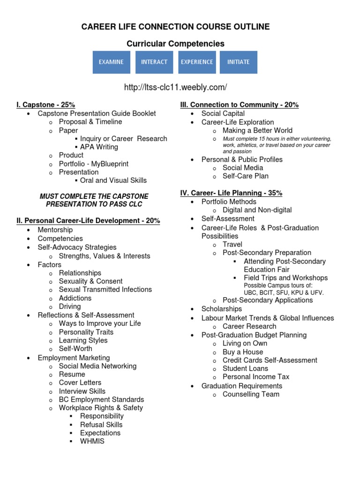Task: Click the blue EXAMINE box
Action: pos(111,62)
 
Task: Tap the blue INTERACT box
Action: pos(154,62)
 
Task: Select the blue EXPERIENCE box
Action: pos(196,62)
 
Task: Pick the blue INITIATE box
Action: pos(239,62)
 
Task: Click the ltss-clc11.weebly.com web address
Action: pos(175,87)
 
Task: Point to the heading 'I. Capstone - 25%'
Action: pos(45,105)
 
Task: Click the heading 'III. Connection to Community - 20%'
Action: pos(239,105)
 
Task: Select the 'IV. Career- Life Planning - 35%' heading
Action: pos(231,193)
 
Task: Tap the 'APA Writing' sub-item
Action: pos(99,147)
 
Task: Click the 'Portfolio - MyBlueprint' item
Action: pos(93,164)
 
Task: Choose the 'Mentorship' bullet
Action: pos(55,230)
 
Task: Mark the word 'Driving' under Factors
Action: pos(70,307)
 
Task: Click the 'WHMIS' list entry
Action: pos(92,441)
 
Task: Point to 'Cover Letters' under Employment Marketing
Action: pos(80,382)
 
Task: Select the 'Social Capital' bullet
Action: pos(223,113)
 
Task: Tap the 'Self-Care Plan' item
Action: pos(246,176)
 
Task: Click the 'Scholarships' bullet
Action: pos(222,309)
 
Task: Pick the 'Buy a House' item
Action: pos(243,352)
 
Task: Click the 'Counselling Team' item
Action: pos(251,394)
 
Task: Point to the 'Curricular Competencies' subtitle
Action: pos(175,44)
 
